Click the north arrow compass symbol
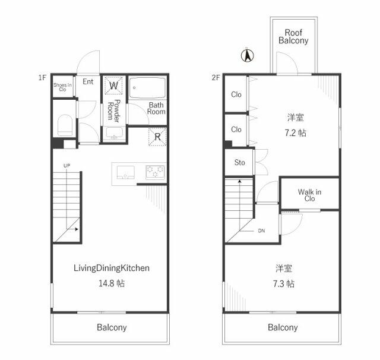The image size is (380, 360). click(246, 56)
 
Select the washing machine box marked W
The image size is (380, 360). click(113, 87)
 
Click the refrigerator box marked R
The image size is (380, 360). click(157, 137)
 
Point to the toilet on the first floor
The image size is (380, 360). click(65, 125)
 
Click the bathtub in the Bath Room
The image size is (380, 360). click(148, 88)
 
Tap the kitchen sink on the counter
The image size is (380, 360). click(126, 172)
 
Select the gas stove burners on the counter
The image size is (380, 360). click(154, 172)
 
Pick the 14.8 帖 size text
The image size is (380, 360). click(111, 283)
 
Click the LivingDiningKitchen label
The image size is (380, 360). click(111, 269)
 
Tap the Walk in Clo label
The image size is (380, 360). click(309, 195)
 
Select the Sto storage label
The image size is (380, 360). click(239, 162)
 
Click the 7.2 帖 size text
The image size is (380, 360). click(295, 133)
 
